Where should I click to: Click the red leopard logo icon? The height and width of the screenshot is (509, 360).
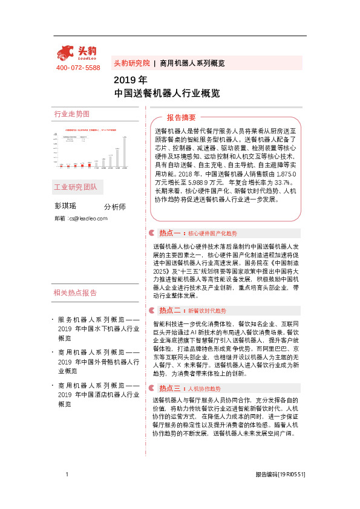tap(66, 53)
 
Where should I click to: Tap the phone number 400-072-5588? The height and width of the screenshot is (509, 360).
tap(78, 68)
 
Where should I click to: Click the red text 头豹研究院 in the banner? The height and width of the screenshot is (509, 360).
tap(132, 63)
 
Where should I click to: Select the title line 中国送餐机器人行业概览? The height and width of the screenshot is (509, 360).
tap(166, 94)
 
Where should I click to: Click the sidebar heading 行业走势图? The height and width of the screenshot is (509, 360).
tap(71, 114)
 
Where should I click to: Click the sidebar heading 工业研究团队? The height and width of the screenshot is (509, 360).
tap(76, 186)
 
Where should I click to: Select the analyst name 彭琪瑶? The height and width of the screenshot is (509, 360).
tap(66, 207)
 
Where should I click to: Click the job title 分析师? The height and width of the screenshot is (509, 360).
tap(115, 207)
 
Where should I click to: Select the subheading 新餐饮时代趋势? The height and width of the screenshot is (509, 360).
tap(206, 311)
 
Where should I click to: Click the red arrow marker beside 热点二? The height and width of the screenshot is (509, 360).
tap(152, 311)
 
